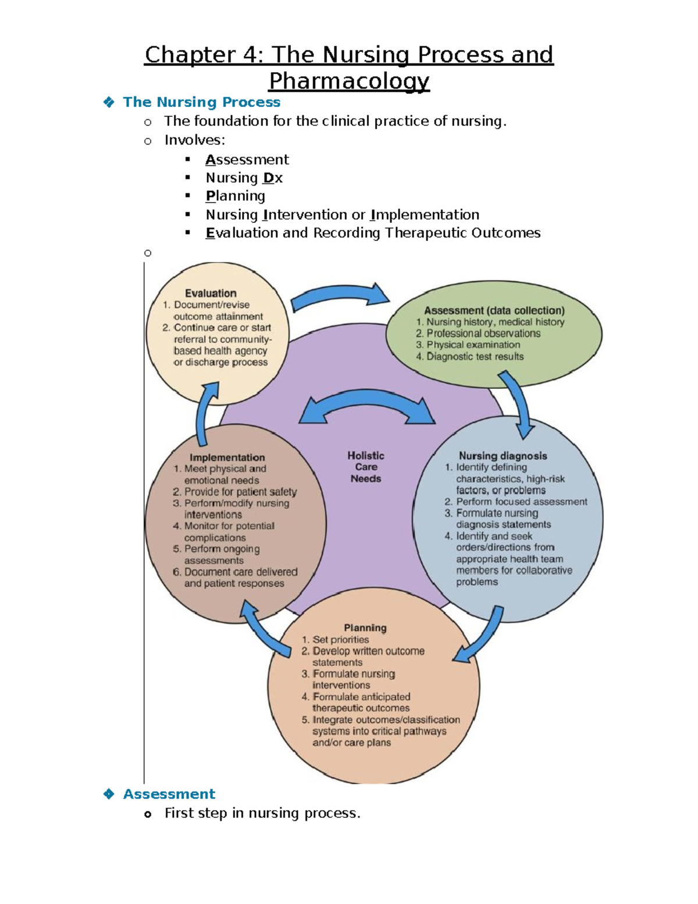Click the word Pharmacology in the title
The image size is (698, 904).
pyautogui.click(x=349, y=81)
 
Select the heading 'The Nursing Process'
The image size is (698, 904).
pyautogui.click(x=201, y=102)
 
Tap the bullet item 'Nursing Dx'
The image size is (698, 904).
pyautogui.click(x=244, y=178)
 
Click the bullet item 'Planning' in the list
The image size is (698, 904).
pyautogui.click(x=235, y=196)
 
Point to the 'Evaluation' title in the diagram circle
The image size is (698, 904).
pyautogui.click(x=211, y=293)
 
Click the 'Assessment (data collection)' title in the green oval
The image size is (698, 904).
pyautogui.click(x=494, y=311)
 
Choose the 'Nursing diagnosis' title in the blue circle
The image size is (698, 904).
pyautogui.click(x=503, y=456)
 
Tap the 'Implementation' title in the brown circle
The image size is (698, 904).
pyautogui.click(x=227, y=458)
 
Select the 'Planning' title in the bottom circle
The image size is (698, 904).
pyautogui.click(x=365, y=628)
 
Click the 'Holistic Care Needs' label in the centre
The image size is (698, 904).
pyautogui.click(x=366, y=467)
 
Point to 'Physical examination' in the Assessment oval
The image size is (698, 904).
pyautogui.click(x=473, y=345)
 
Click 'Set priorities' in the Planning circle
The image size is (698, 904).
pyautogui.click(x=340, y=640)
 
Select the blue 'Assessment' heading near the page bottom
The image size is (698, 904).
pyautogui.click(x=169, y=794)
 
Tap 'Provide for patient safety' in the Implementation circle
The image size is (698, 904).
pyautogui.click(x=240, y=492)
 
